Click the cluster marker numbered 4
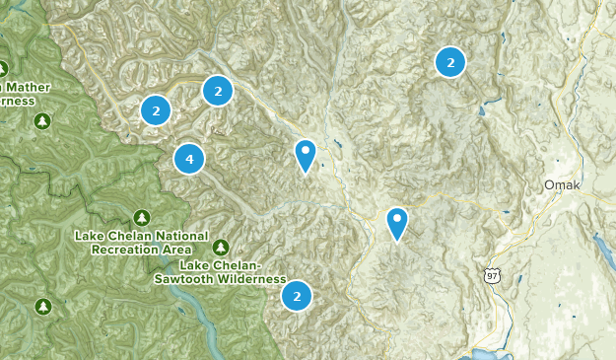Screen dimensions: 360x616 pyautogui.click(x=189, y=158)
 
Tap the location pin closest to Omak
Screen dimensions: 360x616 pyautogui.click(x=397, y=222)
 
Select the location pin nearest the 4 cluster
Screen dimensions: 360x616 pyautogui.click(x=306, y=154)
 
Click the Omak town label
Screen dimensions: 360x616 pyautogui.click(x=558, y=185)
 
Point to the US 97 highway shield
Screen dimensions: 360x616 pyautogui.click(x=492, y=274)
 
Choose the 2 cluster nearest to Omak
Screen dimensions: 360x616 pyautogui.click(x=450, y=63)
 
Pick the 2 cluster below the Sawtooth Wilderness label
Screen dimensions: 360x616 pyautogui.click(x=297, y=295)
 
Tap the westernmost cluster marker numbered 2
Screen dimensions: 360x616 pyautogui.click(x=156, y=109)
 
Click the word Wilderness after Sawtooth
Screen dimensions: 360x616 pyautogui.click(x=236, y=279)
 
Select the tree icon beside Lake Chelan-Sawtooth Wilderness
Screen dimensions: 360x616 pyautogui.click(x=221, y=247)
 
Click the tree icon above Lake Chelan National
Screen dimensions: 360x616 pyautogui.click(x=141, y=217)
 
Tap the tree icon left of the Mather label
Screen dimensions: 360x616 pyautogui.click(x=2, y=69)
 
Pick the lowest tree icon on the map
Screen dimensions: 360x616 pyautogui.click(x=43, y=306)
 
